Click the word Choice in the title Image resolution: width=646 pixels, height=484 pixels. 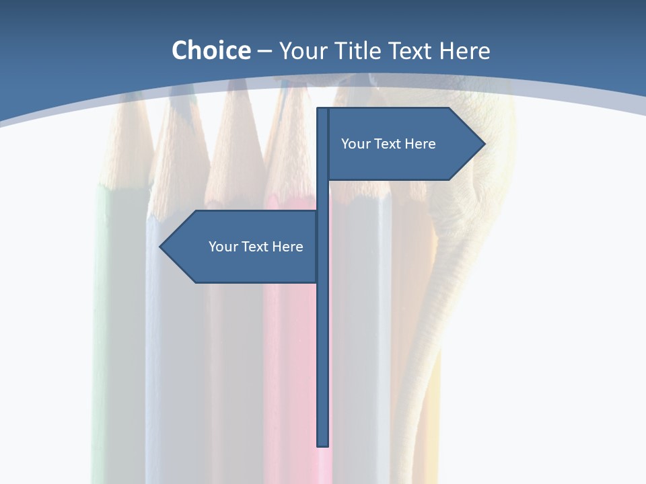pos(211,51)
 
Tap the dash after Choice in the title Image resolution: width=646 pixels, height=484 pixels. pos(264,51)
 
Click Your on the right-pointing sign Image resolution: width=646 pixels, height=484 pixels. pos(355,144)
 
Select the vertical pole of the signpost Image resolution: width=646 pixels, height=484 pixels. pos(323,336)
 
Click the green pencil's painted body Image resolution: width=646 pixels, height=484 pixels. pos(111,302)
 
